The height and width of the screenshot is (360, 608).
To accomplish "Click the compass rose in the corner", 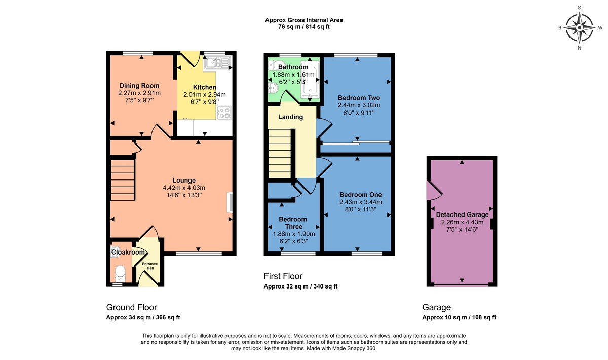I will click(580, 27).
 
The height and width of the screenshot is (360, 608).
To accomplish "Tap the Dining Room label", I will click(139, 86).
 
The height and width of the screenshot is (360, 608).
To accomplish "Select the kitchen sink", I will click(217, 64).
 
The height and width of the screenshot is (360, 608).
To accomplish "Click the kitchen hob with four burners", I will click(224, 113).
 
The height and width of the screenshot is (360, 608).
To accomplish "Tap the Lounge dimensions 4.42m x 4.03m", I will click(184, 188).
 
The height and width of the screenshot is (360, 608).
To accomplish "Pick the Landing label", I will click(291, 117).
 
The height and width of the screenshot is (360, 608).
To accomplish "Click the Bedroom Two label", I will click(359, 98).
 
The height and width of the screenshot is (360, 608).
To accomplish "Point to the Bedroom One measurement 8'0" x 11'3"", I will click(360, 209).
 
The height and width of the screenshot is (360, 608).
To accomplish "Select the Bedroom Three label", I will click(293, 223).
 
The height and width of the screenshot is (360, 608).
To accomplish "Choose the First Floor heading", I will click(283, 276).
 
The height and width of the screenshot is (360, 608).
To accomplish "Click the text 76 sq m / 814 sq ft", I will click(304, 27).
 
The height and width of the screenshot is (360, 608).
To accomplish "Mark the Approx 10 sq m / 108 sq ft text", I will click(459, 317).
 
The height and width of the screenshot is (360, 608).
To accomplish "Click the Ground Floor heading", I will click(131, 307).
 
